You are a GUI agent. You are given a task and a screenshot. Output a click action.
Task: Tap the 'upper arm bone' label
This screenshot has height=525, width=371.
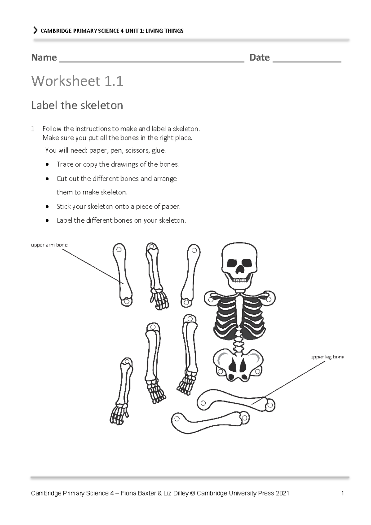coord(49,245)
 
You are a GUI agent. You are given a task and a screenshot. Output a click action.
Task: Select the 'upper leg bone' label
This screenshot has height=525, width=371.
coord(327,357)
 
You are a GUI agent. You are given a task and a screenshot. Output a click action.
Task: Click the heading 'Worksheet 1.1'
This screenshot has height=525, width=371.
coord(77,81)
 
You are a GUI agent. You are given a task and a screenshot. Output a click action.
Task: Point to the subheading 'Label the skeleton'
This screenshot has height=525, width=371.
coord(77,105)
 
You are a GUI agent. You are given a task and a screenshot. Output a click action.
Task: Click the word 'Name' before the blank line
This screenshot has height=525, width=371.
coord(44,58)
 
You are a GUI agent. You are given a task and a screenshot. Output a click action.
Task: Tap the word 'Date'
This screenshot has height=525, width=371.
coord(259,58)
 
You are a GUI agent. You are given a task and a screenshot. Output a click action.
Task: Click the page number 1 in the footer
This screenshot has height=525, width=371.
coord(343,493)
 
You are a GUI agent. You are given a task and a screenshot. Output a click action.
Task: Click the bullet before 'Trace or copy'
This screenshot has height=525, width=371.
coord(47,165)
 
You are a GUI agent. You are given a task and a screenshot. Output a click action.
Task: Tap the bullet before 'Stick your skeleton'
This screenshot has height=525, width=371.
coord(47,207)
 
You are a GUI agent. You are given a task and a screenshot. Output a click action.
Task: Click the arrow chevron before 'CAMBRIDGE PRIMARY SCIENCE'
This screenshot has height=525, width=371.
coord(35,30)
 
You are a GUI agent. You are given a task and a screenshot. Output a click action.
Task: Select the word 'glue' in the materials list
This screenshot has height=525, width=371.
coord(158,151)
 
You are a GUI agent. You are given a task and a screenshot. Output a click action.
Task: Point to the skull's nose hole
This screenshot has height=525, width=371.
coord(240,271)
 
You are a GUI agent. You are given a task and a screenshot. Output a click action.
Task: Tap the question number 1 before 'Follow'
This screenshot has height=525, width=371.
coord(33,129)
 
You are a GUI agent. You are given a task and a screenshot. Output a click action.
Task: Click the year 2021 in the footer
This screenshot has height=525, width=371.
coord(282,493)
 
